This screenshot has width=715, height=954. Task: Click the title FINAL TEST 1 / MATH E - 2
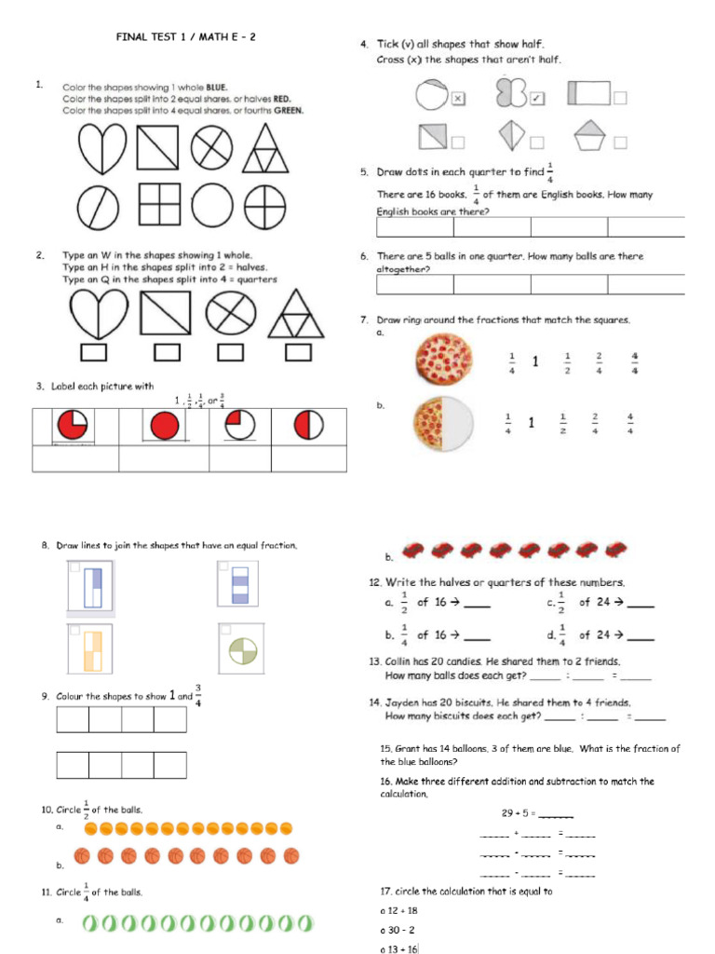(185, 37)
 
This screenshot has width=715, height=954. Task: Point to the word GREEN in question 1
(288, 110)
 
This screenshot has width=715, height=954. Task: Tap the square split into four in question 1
(159, 204)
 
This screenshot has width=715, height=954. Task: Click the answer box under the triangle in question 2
(297, 351)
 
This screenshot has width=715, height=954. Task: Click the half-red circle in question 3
(309, 427)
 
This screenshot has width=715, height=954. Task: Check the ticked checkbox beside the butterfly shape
(537, 98)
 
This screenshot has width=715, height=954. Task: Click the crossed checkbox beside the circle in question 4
(457, 98)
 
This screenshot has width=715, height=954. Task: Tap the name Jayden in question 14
(405, 702)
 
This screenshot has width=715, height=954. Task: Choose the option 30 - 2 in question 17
(401, 930)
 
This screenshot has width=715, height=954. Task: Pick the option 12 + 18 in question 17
(403, 910)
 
